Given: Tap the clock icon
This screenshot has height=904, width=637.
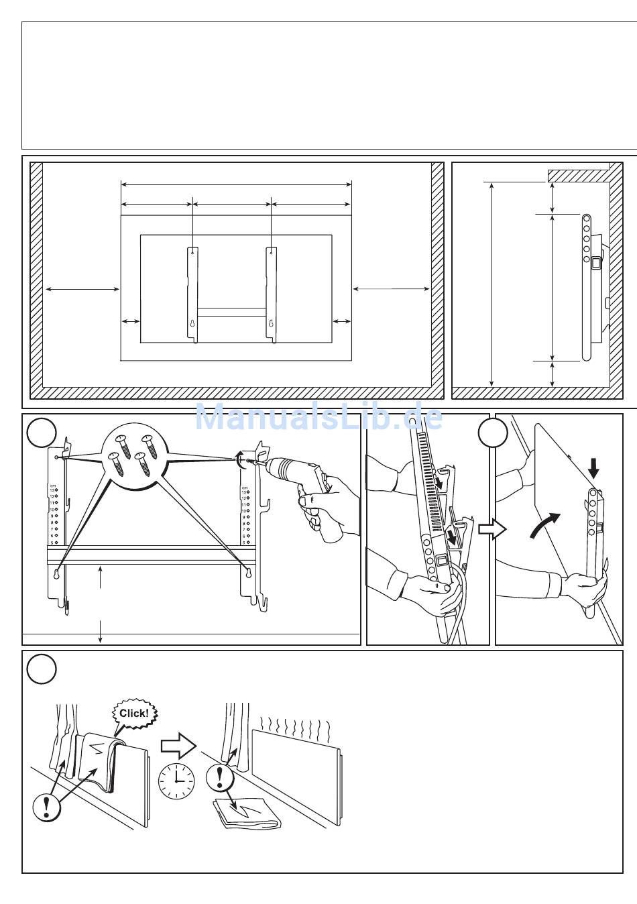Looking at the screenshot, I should tap(176, 781).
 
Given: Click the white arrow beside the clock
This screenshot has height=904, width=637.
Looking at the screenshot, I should tap(178, 744).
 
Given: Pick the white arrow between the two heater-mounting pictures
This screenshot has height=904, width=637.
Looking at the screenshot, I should tap(492, 530).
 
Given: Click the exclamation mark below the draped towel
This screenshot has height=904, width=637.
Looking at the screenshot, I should tap(46, 805).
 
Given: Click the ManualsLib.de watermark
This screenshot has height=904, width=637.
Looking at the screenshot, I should tap(318, 418).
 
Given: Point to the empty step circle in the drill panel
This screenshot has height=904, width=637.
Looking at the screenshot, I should tap(41, 433).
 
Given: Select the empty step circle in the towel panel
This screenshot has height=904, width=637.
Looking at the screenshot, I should tap(41, 669).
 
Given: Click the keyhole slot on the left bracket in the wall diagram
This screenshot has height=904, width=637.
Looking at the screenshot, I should tap(192, 323).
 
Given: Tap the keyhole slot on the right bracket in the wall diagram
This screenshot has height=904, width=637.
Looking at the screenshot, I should tap(271, 323).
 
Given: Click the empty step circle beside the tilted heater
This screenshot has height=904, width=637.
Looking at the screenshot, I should tap(493, 433).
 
